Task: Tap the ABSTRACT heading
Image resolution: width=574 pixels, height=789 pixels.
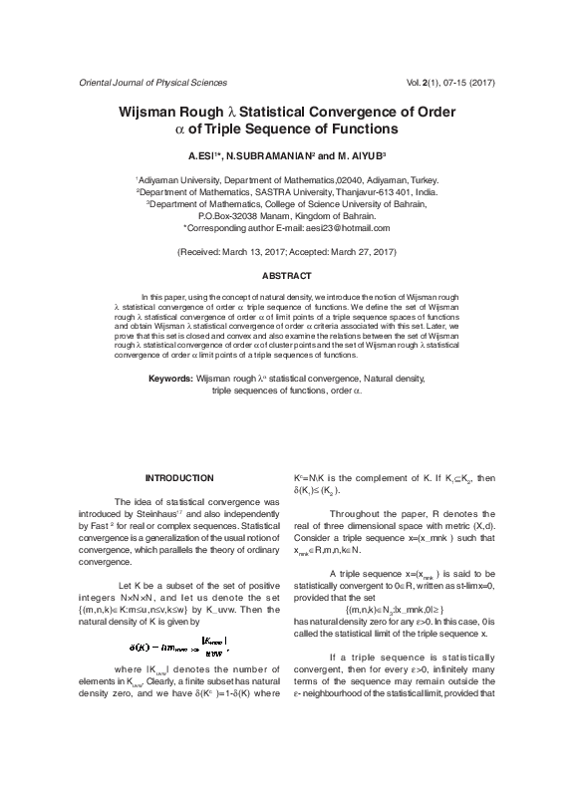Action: [287, 275]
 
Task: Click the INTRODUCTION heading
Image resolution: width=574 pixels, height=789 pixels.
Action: [179, 479]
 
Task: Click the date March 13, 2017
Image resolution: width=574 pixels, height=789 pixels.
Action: [255, 253]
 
